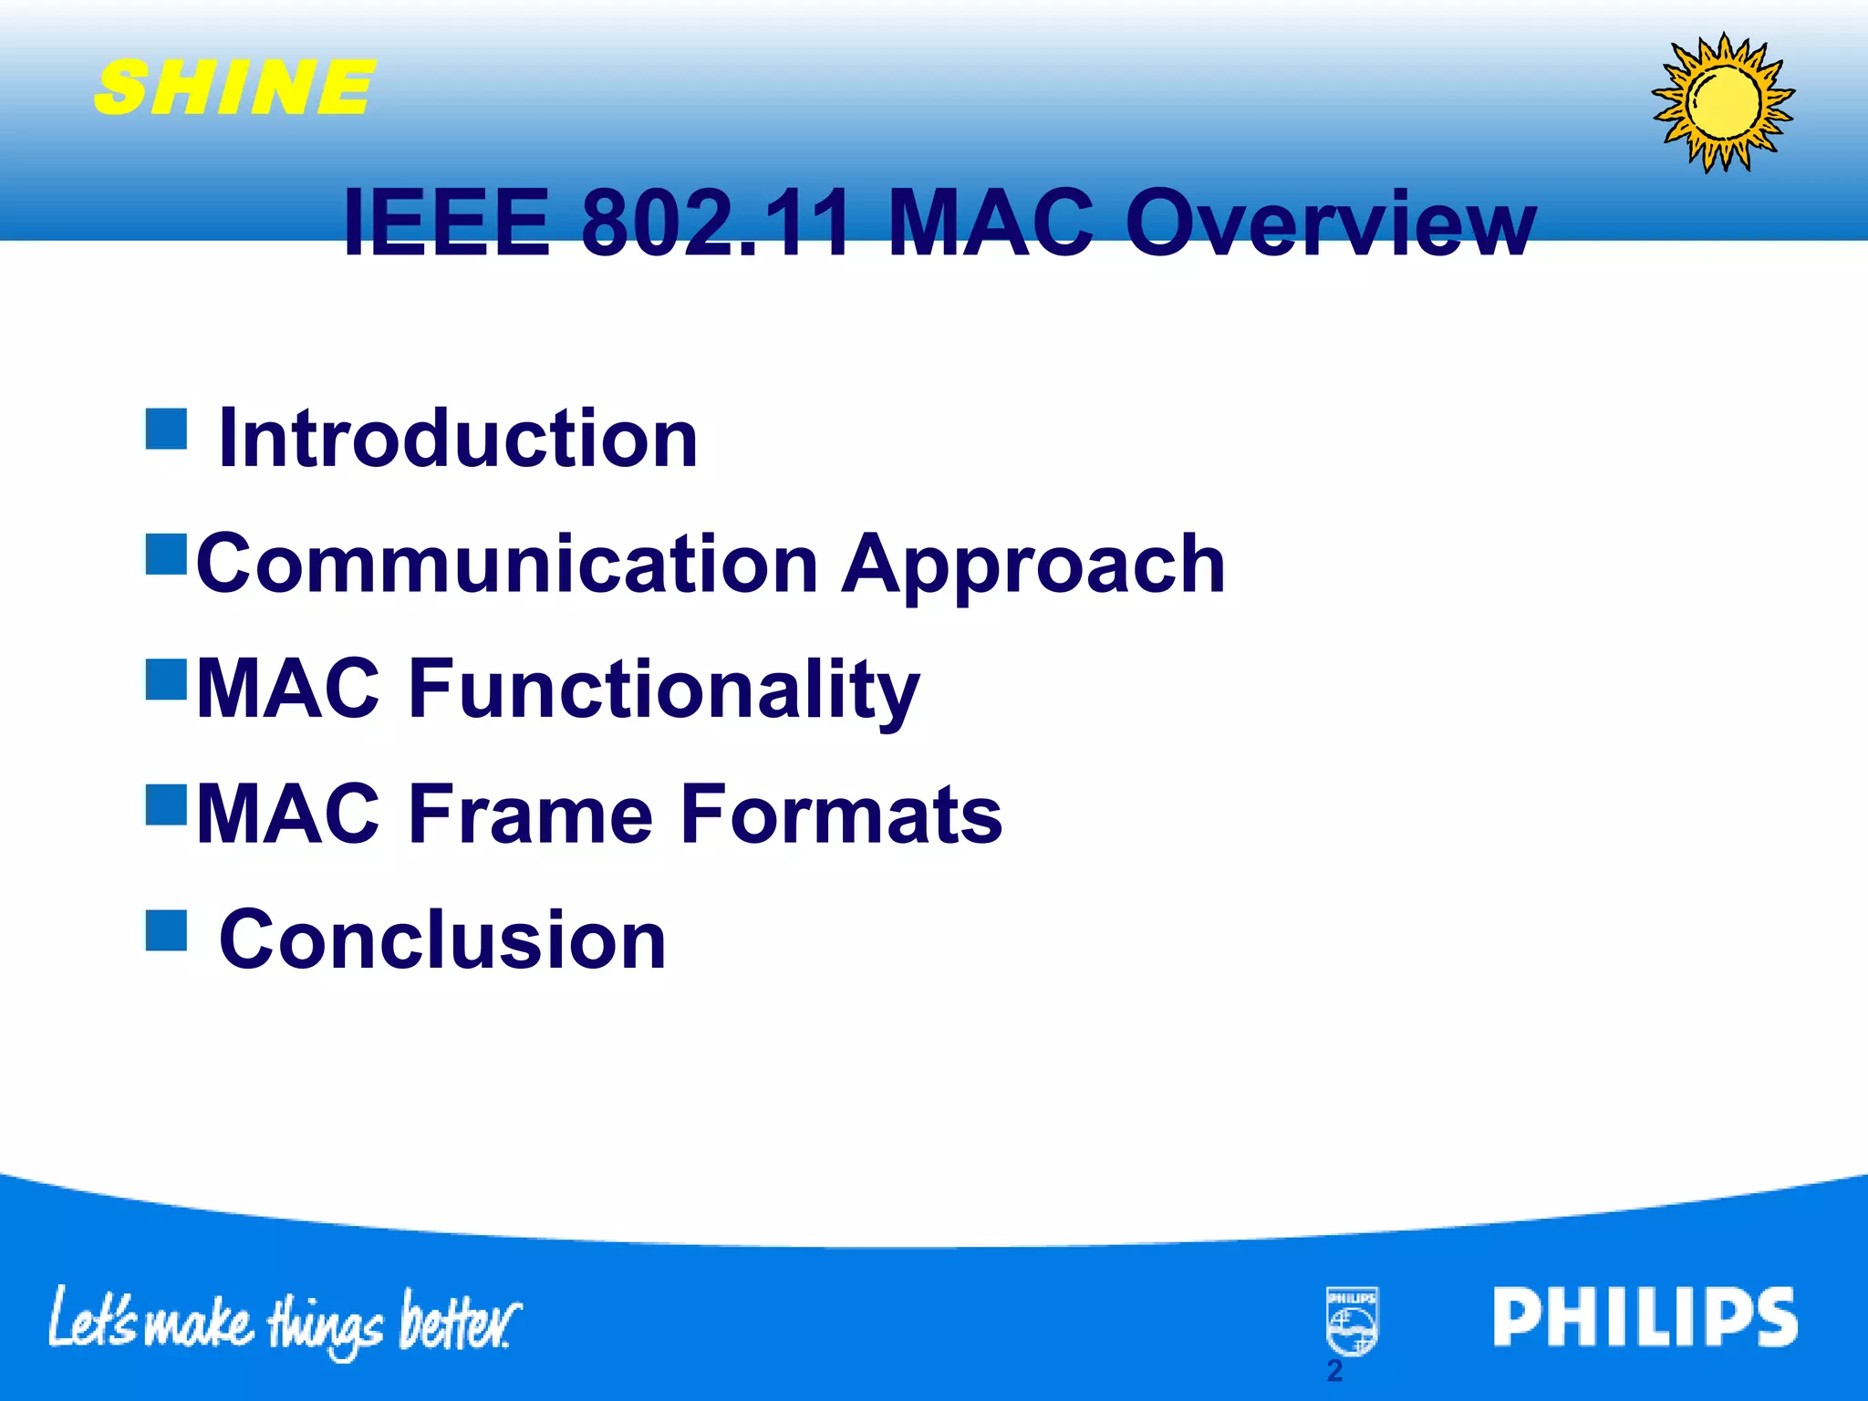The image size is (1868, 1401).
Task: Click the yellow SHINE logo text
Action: [234, 88]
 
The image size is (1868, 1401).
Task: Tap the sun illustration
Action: [1723, 102]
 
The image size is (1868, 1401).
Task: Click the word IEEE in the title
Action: [447, 223]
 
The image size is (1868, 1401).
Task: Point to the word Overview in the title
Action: [1330, 223]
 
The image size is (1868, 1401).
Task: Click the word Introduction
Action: [458, 440]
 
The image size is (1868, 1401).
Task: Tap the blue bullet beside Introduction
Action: [166, 429]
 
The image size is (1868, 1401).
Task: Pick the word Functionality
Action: [663, 690]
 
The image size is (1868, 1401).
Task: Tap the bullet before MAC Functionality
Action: [166, 679]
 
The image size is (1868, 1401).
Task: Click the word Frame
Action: [530, 814]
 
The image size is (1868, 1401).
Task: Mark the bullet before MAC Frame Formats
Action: [166, 804]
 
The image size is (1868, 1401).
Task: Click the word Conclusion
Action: [442, 939]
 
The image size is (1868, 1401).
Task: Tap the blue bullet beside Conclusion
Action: [166, 929]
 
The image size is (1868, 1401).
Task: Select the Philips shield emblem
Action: [1352, 1321]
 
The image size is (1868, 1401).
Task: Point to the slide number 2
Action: [1334, 1371]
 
